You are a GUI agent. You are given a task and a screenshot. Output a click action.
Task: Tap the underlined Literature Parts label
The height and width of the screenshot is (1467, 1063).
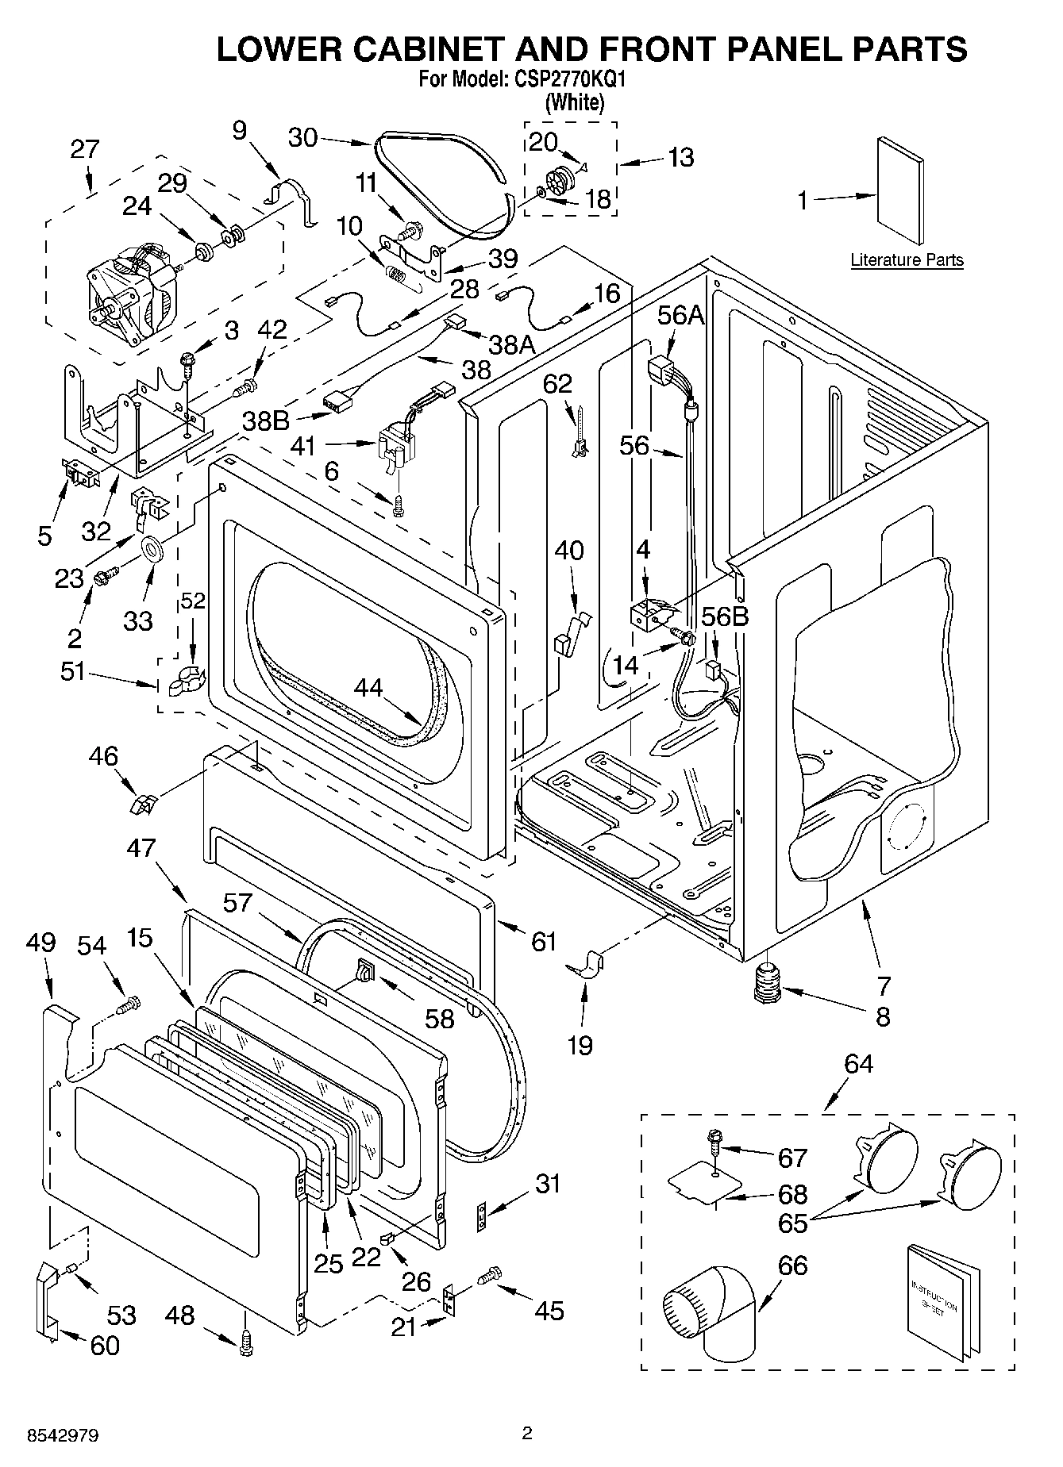[907, 259]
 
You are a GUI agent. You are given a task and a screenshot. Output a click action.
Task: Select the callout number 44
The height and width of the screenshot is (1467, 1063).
[369, 687]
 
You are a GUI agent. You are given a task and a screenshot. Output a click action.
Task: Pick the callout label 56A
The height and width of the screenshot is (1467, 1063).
[680, 315]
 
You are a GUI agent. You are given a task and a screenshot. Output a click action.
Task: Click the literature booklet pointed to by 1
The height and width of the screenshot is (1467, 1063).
[899, 191]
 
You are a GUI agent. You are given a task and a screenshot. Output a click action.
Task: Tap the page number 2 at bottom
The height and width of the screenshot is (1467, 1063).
[526, 1433]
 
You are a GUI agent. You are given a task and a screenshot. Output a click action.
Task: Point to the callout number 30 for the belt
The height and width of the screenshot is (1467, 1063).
[302, 137]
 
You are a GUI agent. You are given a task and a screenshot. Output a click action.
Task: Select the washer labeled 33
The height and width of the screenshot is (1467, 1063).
[151, 547]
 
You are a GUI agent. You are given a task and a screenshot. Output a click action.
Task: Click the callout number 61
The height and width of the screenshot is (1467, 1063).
[544, 942]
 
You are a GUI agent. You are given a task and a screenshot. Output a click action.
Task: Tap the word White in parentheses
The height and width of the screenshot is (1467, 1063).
[576, 102]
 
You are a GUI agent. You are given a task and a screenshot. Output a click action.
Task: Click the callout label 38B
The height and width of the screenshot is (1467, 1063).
[266, 420]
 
